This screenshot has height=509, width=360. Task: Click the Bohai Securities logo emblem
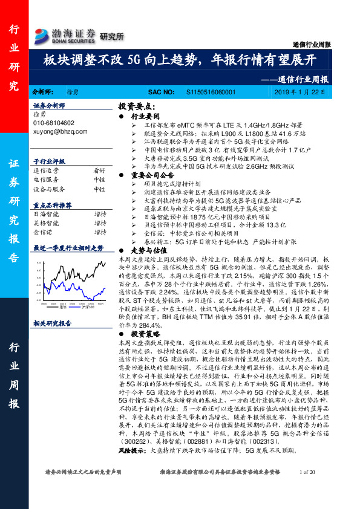point(42,34)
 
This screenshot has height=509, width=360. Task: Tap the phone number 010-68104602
point(53,123)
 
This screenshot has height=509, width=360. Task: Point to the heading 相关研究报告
point(52,323)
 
